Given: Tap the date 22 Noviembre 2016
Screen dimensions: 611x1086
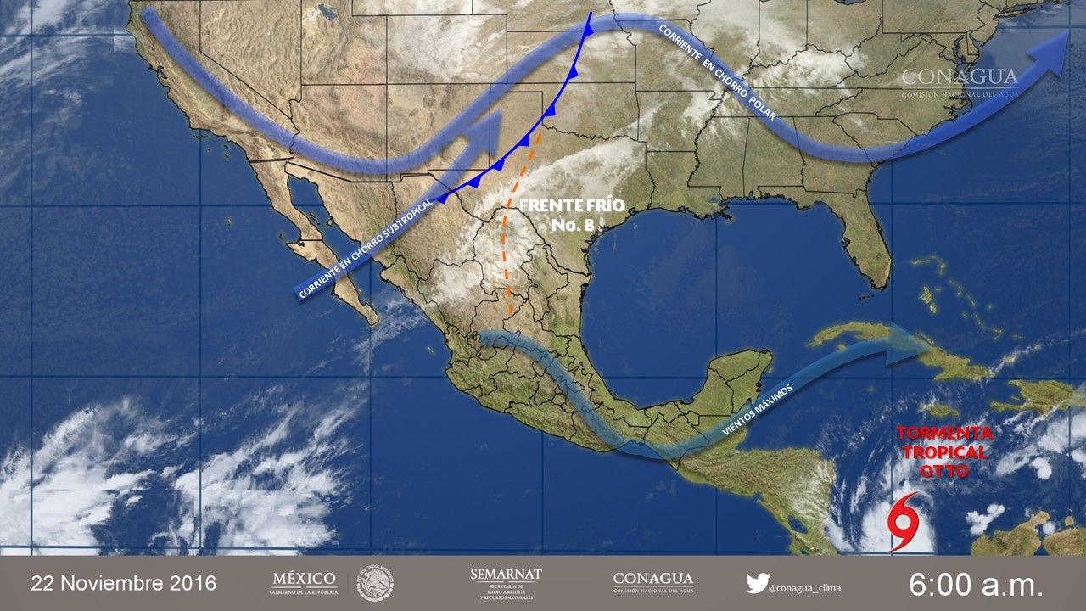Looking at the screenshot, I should [124, 584].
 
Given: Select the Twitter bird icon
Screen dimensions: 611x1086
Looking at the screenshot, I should [757, 583].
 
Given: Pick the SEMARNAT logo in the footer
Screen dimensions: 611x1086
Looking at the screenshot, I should [506, 583].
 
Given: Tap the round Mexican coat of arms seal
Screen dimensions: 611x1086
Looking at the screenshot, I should [374, 583].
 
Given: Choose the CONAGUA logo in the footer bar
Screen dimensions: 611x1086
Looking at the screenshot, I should [652, 583].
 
